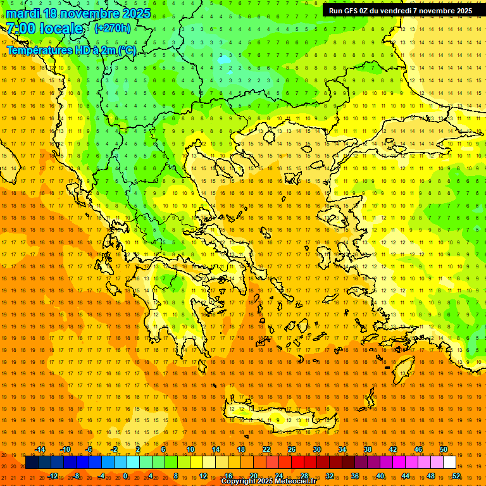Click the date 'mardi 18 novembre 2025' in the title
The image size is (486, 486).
78,13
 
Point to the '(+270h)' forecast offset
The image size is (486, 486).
113,28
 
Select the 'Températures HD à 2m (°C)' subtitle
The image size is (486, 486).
71,50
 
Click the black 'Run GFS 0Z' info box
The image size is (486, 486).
400,11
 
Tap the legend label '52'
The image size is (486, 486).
456,476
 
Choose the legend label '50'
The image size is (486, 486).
444,449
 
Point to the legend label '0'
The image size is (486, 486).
125,476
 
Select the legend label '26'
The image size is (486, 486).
292,449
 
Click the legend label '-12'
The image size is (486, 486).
53,476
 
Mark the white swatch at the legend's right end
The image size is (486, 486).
449,463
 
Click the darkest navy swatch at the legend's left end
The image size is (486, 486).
32,463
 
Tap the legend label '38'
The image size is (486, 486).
368,449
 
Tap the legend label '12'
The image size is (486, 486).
203,476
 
